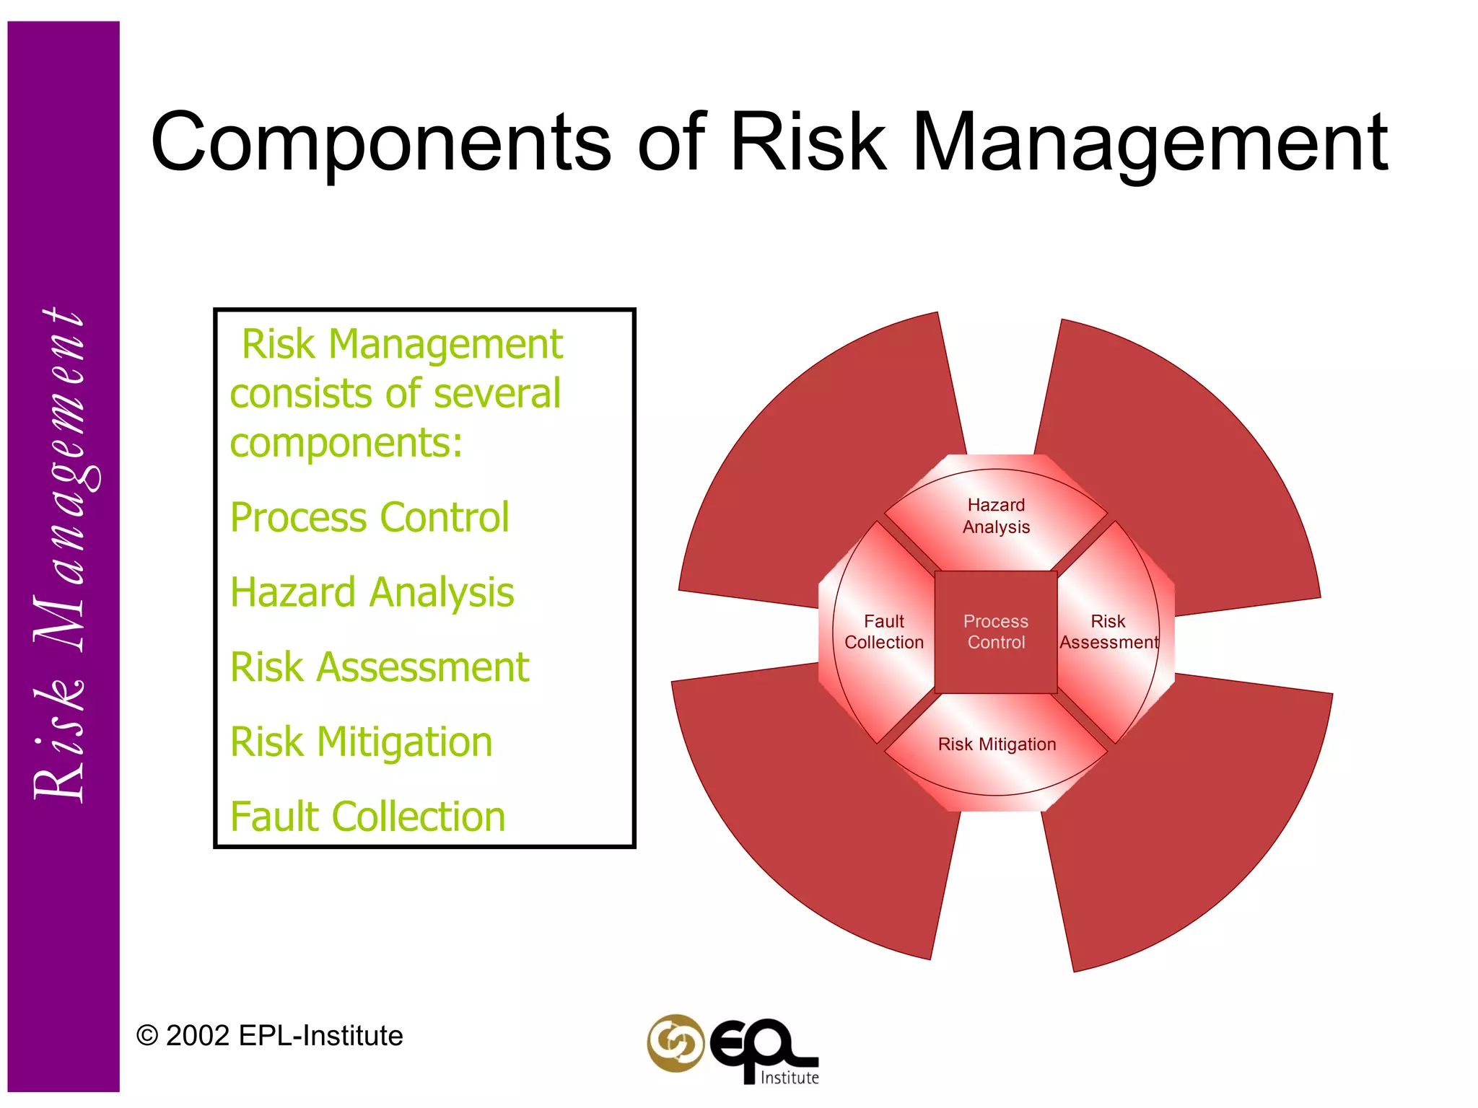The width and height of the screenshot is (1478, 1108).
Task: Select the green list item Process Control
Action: pos(369,517)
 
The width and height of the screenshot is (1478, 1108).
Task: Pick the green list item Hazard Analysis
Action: pos(372,592)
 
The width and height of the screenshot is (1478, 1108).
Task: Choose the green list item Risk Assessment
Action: pos(380,667)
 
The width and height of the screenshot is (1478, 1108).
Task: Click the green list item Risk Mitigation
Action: pos(361,742)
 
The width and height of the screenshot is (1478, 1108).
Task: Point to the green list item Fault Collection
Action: pos(367,817)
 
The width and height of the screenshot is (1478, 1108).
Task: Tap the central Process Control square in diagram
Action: pos(996,632)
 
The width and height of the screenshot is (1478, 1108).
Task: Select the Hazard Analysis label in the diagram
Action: pos(996,516)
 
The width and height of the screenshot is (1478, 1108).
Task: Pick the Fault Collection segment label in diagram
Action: pos(883,632)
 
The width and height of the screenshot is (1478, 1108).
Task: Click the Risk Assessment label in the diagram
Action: pos(1108,632)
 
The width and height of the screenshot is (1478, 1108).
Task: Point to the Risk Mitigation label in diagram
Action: pos(997,744)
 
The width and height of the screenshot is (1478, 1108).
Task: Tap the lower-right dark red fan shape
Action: pos(1184,822)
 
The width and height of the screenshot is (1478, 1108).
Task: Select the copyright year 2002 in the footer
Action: pos(198,1036)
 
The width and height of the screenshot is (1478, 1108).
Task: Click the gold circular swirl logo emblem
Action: pos(675,1043)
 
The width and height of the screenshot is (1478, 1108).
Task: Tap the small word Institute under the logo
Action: pos(790,1078)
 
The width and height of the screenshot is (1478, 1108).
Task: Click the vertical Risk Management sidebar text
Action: pos(61,555)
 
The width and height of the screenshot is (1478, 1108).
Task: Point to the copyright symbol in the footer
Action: pos(147,1037)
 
